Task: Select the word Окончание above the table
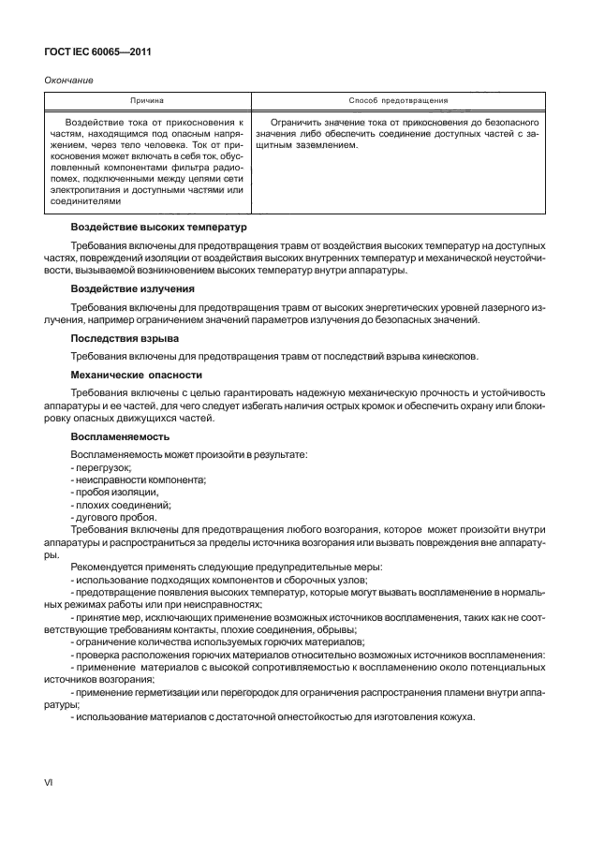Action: (68, 81)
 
